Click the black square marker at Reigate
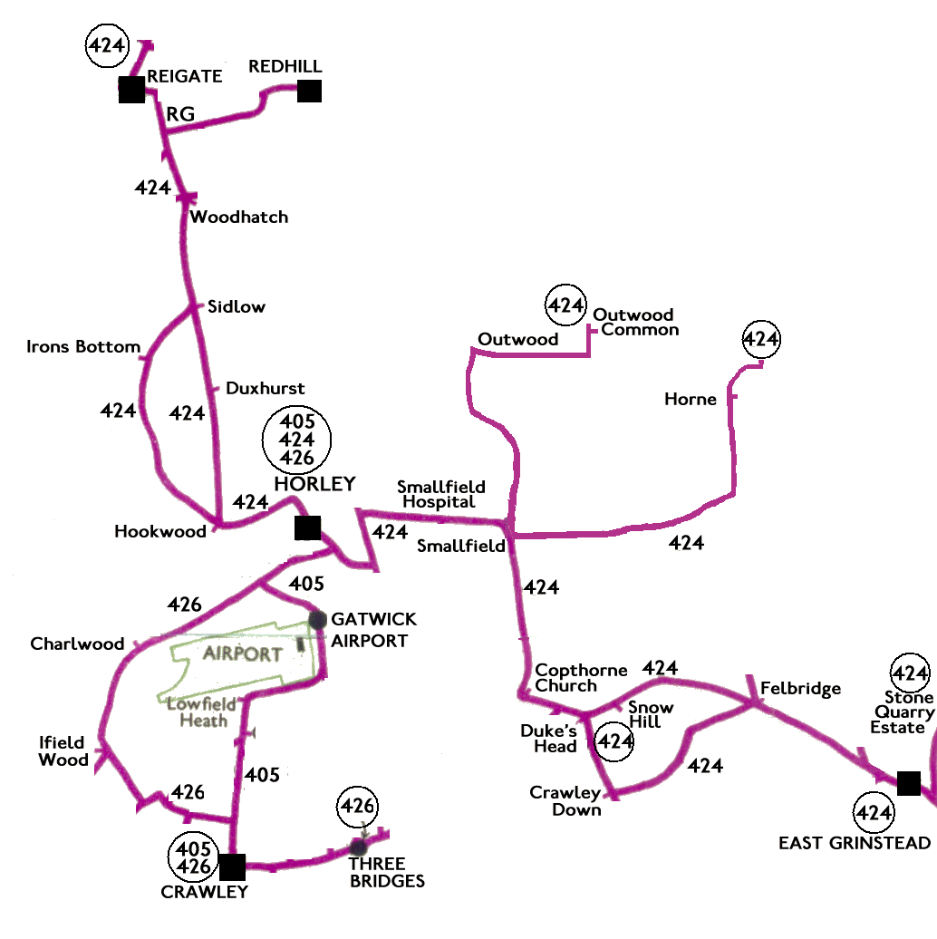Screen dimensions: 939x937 131,90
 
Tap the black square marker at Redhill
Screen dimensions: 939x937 310,91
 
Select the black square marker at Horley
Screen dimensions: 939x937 308,528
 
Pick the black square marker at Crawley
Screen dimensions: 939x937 233,866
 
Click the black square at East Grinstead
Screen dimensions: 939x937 909,783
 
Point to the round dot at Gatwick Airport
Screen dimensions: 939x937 317,620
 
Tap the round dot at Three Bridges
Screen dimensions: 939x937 359,847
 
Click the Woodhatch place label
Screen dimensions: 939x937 238,218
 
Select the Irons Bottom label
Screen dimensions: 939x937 83,346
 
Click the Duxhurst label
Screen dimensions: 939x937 265,388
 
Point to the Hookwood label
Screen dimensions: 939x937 160,532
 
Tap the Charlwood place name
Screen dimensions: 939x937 77,644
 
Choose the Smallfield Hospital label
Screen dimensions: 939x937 441,495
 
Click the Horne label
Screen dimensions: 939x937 691,400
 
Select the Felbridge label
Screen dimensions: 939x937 801,689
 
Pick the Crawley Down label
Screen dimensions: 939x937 565,801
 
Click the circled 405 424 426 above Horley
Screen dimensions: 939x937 298,439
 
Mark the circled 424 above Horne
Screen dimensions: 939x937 761,339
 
